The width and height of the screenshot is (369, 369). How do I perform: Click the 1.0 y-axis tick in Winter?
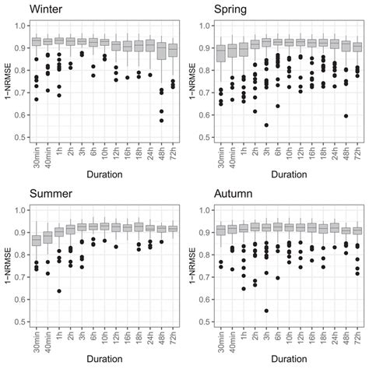click(21, 26)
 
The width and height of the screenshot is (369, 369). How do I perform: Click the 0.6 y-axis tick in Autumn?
click(205, 299)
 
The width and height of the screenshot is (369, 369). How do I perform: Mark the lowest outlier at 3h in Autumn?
click(267, 311)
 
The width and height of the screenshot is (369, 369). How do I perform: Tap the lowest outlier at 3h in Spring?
click(266, 125)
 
